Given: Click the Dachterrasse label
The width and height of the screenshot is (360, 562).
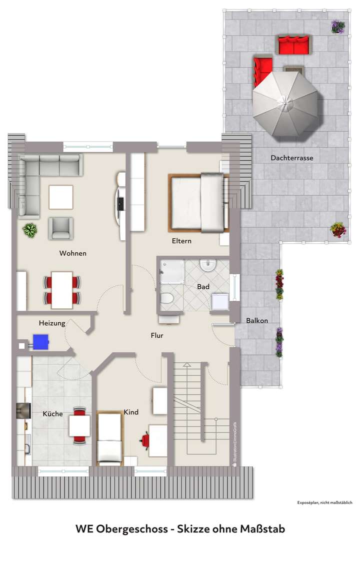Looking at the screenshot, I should point(292,158).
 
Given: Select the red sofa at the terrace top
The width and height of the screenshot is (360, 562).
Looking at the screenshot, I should point(294,46).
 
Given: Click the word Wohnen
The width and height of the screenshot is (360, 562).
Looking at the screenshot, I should point(73,253).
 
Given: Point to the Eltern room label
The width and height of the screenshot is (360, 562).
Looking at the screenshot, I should point(181,241).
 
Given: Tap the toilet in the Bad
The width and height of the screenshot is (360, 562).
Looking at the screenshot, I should point(166,300).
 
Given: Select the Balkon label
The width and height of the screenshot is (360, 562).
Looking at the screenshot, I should point(257,321).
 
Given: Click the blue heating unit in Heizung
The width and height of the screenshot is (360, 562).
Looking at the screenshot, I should point(40,341).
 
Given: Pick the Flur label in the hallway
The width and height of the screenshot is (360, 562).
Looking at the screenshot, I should point(157,335).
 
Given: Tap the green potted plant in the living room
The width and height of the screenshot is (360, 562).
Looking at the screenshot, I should point(30,230).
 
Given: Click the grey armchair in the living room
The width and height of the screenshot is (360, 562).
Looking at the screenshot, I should point(61,228).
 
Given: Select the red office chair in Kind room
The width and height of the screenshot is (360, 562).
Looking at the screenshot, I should point(145,439).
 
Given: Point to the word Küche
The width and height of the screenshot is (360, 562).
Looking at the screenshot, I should point(52,414).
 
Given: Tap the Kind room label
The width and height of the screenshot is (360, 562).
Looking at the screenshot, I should point(131,412).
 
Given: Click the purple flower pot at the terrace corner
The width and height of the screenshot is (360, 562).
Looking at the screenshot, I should point(337,27).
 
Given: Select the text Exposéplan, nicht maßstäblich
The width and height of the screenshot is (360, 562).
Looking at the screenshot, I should point(325,502).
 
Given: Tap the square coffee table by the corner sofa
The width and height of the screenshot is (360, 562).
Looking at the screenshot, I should point(61,197).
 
